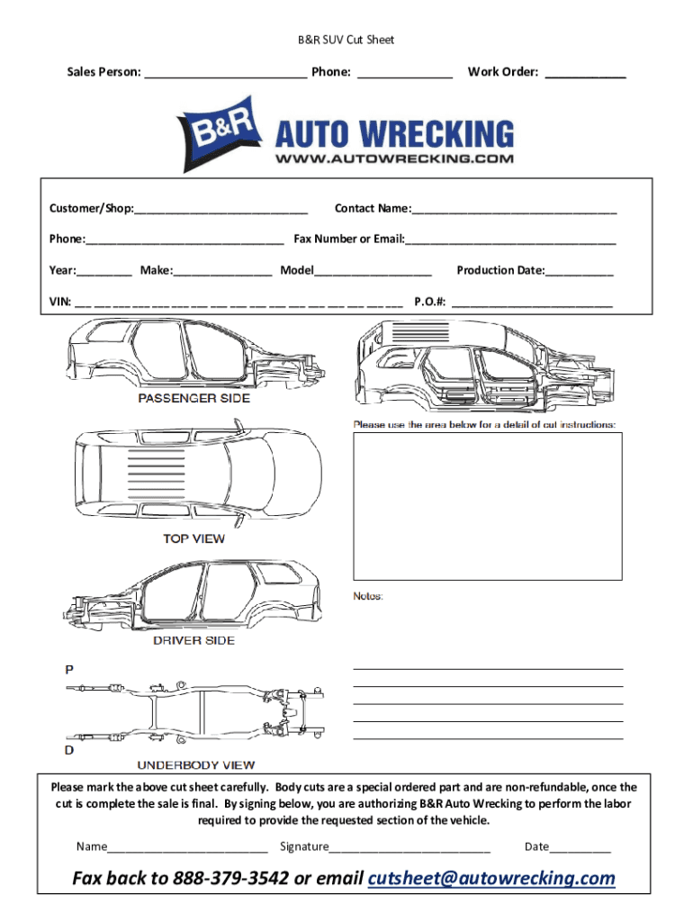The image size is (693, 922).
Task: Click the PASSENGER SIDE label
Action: [x=193, y=398]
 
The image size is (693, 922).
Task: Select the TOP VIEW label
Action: [x=193, y=539]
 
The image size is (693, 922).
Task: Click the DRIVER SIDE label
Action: [x=193, y=640]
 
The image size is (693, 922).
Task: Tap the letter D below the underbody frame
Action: [x=68, y=749]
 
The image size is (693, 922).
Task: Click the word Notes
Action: [x=368, y=596]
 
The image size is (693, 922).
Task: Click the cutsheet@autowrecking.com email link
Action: [x=492, y=879]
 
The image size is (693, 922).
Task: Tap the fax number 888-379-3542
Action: [x=238, y=879]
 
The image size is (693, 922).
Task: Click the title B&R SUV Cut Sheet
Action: [x=346, y=40]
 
